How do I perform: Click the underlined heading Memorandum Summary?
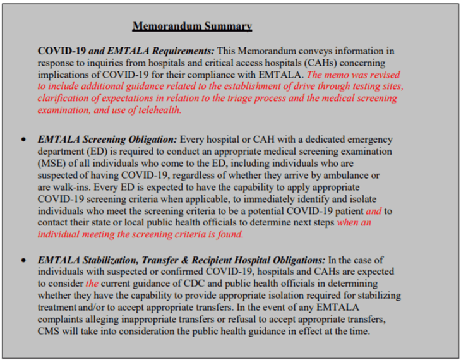192,26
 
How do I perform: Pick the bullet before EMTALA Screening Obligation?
24,140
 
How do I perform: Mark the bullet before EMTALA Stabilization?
24,260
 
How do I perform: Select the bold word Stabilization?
116,260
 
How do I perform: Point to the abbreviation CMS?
51,332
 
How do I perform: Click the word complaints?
64,320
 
